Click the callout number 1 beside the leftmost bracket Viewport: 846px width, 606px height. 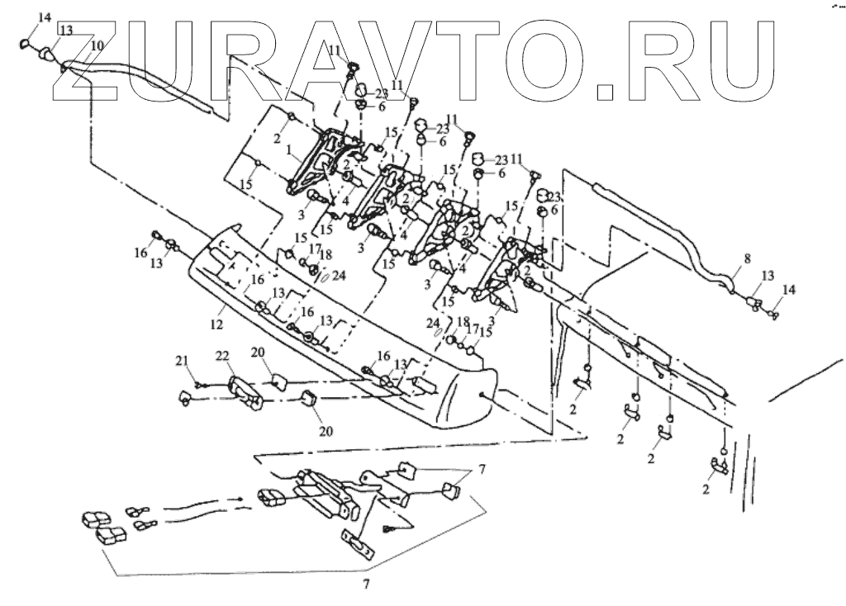(289, 152)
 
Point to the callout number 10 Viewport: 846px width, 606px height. (97, 45)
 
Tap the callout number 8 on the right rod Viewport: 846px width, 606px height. (747, 259)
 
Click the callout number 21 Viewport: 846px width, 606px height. (182, 360)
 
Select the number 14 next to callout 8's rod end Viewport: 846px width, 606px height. (787, 290)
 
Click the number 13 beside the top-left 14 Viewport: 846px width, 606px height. (65, 30)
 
